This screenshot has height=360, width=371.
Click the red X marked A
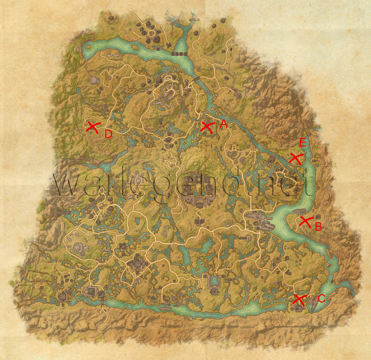(207, 128)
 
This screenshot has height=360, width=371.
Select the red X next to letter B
(305, 222)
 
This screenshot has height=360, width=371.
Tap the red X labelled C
(300, 300)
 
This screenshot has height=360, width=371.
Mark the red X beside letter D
(93, 127)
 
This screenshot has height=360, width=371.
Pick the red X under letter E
(295, 158)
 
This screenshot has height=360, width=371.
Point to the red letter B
(318, 226)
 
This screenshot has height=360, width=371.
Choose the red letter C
(321, 298)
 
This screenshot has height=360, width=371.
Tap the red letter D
(108, 135)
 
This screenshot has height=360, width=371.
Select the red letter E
(303, 143)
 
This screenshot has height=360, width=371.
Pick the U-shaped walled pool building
(214, 281)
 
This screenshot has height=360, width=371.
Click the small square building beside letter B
(318, 217)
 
